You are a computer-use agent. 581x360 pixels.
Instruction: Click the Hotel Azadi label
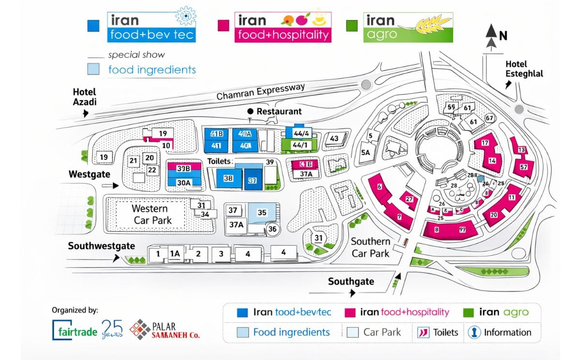84,96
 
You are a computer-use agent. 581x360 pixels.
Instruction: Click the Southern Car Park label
370,247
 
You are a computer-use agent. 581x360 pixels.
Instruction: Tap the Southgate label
351,282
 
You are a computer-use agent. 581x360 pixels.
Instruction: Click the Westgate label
89,174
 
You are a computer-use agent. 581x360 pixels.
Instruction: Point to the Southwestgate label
101,246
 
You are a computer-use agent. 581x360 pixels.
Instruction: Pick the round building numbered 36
273,229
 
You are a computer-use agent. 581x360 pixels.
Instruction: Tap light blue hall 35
262,212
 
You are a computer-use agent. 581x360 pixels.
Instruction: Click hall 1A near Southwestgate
175,253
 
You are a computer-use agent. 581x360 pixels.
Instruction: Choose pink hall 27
409,199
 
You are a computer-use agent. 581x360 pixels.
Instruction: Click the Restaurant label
279,111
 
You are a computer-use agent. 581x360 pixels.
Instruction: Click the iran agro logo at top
408,27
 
